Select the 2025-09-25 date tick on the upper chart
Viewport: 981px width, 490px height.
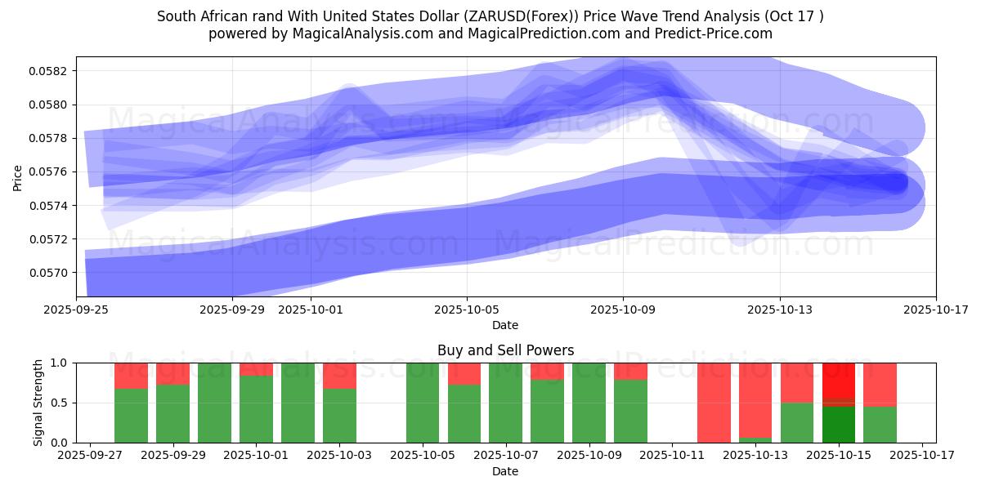[x=77, y=310]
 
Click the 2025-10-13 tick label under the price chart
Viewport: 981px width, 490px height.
[x=779, y=310]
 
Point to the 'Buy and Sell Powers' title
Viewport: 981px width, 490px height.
[x=505, y=350]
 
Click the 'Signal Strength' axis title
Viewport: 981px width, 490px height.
[x=38, y=403]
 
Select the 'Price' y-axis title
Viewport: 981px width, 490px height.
[x=18, y=177]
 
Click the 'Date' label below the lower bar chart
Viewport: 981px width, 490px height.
[x=505, y=471]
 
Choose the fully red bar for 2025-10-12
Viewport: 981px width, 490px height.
[x=714, y=403]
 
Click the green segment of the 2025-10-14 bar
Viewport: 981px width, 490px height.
[x=797, y=422]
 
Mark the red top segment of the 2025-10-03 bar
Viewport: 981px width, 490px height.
[x=339, y=376]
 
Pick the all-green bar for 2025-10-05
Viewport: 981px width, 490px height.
[x=423, y=403]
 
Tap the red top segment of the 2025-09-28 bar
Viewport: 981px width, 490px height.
[x=131, y=376]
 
